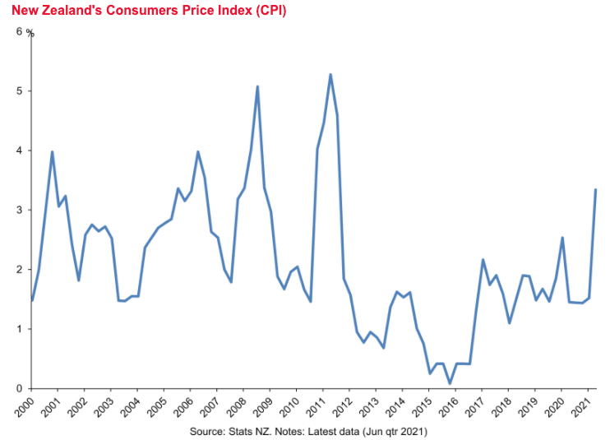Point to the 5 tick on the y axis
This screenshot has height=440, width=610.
(x=20, y=91)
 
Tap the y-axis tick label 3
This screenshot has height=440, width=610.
(x=20, y=211)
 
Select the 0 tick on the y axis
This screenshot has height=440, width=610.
(x=20, y=388)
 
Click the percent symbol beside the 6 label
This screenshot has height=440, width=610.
(x=30, y=33)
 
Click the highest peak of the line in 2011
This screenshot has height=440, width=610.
(x=330, y=75)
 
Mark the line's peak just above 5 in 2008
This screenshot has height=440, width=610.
(x=257, y=86)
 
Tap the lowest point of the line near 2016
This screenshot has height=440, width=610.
(x=450, y=383)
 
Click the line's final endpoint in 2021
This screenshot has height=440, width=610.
(x=595, y=190)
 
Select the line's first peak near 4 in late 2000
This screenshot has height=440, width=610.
(x=52, y=151)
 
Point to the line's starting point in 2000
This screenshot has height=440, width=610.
(x=31, y=301)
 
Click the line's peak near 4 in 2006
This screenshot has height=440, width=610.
(x=197, y=151)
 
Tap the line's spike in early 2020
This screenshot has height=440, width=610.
(x=561, y=238)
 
